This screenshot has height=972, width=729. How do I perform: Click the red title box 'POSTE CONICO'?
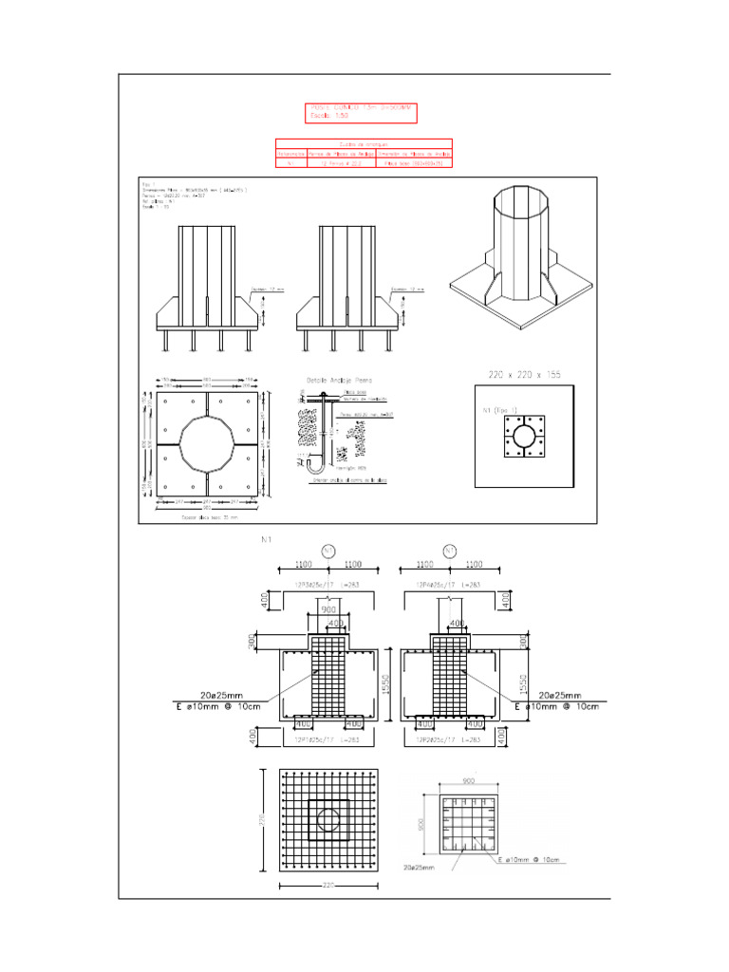pos(361,113)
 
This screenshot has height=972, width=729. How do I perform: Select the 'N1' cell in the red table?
pos(291,162)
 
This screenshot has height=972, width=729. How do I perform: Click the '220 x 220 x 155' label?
pos(522,376)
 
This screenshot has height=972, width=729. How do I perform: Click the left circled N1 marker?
pos(328,551)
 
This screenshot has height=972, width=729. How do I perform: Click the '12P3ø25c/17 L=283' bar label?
pos(327,585)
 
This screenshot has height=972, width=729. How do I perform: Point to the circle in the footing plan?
pos(328,818)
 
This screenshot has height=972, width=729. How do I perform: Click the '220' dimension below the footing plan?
pos(328,887)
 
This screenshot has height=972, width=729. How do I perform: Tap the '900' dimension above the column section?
pos(469,781)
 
